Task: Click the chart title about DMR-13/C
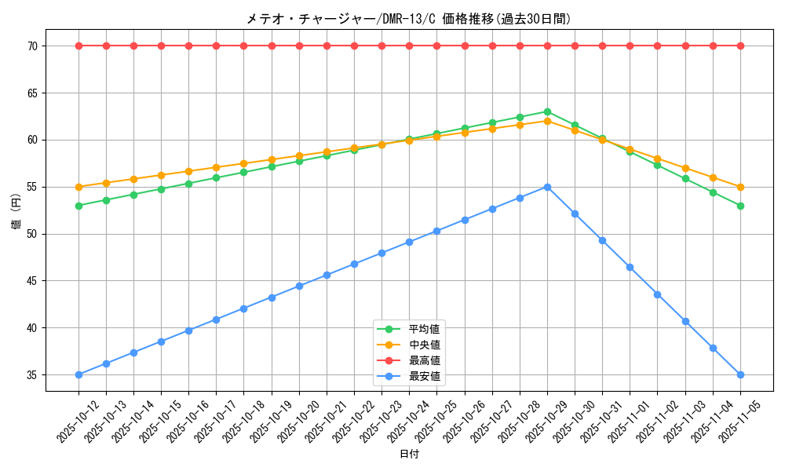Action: coord(409,19)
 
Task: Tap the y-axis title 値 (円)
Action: coord(16,210)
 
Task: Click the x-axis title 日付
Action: coord(409,455)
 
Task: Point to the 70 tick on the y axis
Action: coord(33,46)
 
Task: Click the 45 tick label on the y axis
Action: coord(33,281)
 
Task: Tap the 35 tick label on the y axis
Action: coord(33,375)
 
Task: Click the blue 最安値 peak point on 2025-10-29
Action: coord(547,187)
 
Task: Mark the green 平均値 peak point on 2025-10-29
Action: coord(547,111)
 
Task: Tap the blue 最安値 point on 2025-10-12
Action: coord(78,374)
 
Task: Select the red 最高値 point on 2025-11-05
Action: coord(740,46)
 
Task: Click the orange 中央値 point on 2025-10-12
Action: coord(78,187)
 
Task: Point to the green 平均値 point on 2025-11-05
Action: coord(740,206)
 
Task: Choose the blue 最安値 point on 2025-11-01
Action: coord(630,267)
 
